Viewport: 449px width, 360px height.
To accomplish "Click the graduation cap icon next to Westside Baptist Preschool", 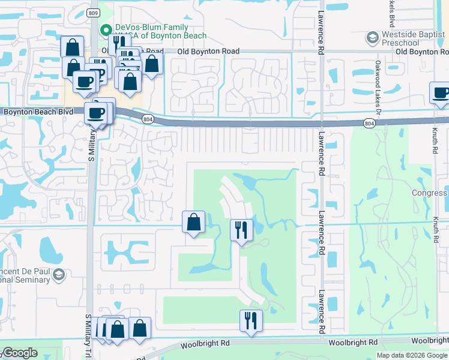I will tap(373, 38).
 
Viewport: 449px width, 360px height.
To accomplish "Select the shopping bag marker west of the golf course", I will tap(194, 223).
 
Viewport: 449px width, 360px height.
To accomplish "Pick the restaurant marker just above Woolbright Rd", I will tap(251, 320).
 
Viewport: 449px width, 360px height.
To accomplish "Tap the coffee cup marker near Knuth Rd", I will tap(441, 94).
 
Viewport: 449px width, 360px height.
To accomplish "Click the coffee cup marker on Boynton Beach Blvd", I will tap(95, 113).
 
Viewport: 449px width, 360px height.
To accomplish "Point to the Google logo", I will tap(19, 353).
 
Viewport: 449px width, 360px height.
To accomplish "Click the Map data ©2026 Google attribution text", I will tap(412, 355).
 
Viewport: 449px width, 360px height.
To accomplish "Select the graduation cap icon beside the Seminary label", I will tap(59, 275).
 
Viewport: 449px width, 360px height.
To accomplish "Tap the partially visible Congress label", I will tap(430, 193).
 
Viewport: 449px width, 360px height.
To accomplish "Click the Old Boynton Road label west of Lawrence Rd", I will tap(209, 52).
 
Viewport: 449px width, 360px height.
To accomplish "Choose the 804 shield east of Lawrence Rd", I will tap(369, 123).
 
